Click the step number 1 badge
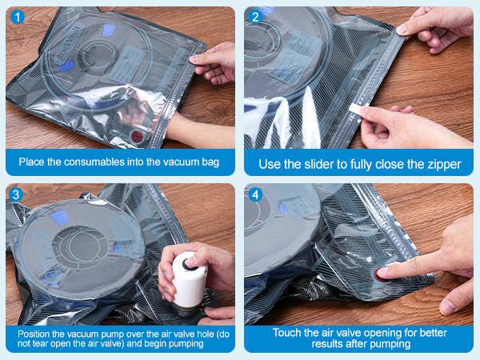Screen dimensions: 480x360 [18, 17]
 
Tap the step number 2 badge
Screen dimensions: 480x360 [256, 17]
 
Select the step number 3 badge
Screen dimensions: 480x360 [16, 194]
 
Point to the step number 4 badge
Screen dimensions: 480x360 [256, 194]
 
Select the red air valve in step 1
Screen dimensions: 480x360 [137, 136]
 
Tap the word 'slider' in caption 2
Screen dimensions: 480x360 [319, 164]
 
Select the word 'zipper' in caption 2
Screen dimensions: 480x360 [445, 165]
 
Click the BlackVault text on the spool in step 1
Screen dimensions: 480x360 [69, 43]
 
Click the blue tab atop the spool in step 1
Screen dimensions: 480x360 [109, 30]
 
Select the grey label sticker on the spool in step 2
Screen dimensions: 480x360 [295, 58]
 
